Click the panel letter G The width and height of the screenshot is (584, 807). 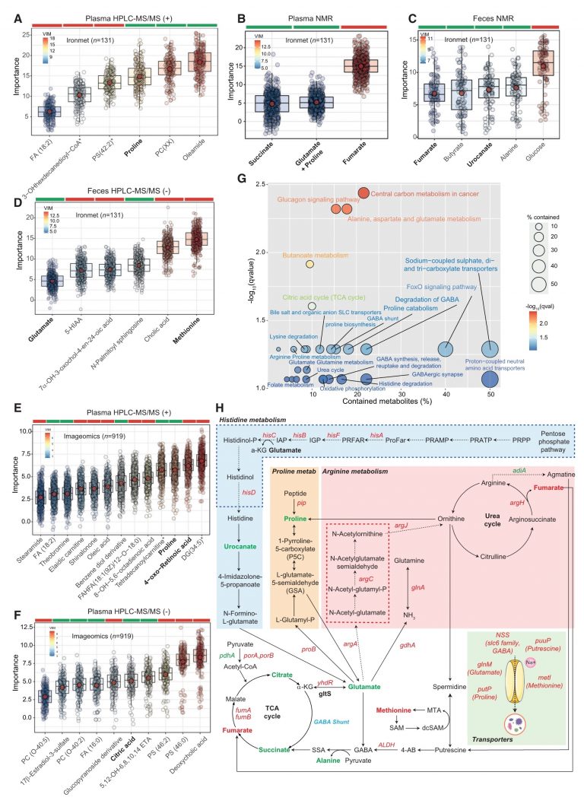pyautogui.click(x=240, y=180)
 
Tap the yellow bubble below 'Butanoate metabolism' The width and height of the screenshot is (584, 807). pyautogui.click(x=309, y=264)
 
